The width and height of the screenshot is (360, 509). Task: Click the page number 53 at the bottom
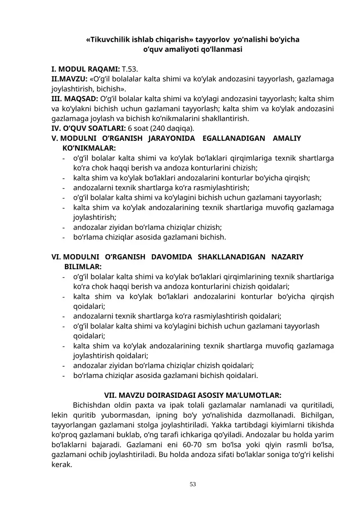[x=193, y=484]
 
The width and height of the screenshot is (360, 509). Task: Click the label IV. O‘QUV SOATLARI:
[x=89, y=128]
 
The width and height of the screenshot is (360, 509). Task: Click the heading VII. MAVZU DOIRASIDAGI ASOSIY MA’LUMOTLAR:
[x=193, y=396]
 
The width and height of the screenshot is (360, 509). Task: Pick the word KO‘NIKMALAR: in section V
[x=88, y=148]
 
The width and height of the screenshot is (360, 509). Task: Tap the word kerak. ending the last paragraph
[x=62, y=465]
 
